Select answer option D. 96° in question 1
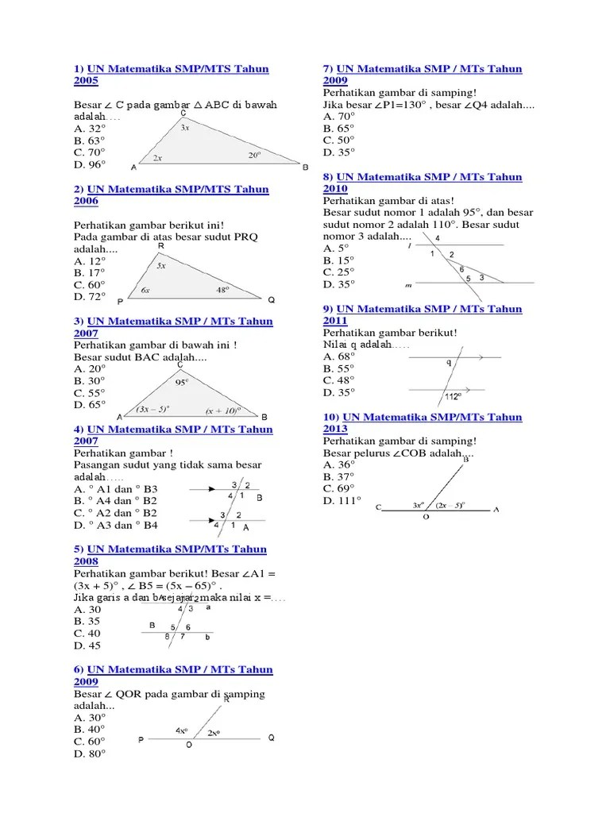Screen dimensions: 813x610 pyautogui.click(x=90, y=164)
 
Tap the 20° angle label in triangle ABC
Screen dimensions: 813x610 pyautogui.click(x=254, y=156)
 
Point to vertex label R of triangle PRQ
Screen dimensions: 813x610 pyautogui.click(x=160, y=247)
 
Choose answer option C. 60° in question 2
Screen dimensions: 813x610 pyautogui.click(x=90, y=284)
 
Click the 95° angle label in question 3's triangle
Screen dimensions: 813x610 pyautogui.click(x=182, y=382)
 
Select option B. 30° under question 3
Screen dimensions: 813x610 pyautogui.click(x=90, y=380)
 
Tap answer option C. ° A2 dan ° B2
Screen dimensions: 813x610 pyautogui.click(x=116, y=513)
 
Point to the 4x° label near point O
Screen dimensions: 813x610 pyautogui.click(x=182, y=730)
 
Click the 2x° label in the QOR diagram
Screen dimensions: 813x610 pyautogui.click(x=214, y=733)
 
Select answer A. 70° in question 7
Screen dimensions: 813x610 pyautogui.click(x=339, y=116)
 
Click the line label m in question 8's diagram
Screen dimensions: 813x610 pyautogui.click(x=407, y=284)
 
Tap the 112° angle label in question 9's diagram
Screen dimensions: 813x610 pyautogui.click(x=453, y=396)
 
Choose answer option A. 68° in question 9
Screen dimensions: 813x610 pyautogui.click(x=339, y=356)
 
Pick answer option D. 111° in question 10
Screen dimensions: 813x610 pyautogui.click(x=342, y=500)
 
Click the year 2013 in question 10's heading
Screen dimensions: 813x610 pyautogui.click(x=335, y=429)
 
